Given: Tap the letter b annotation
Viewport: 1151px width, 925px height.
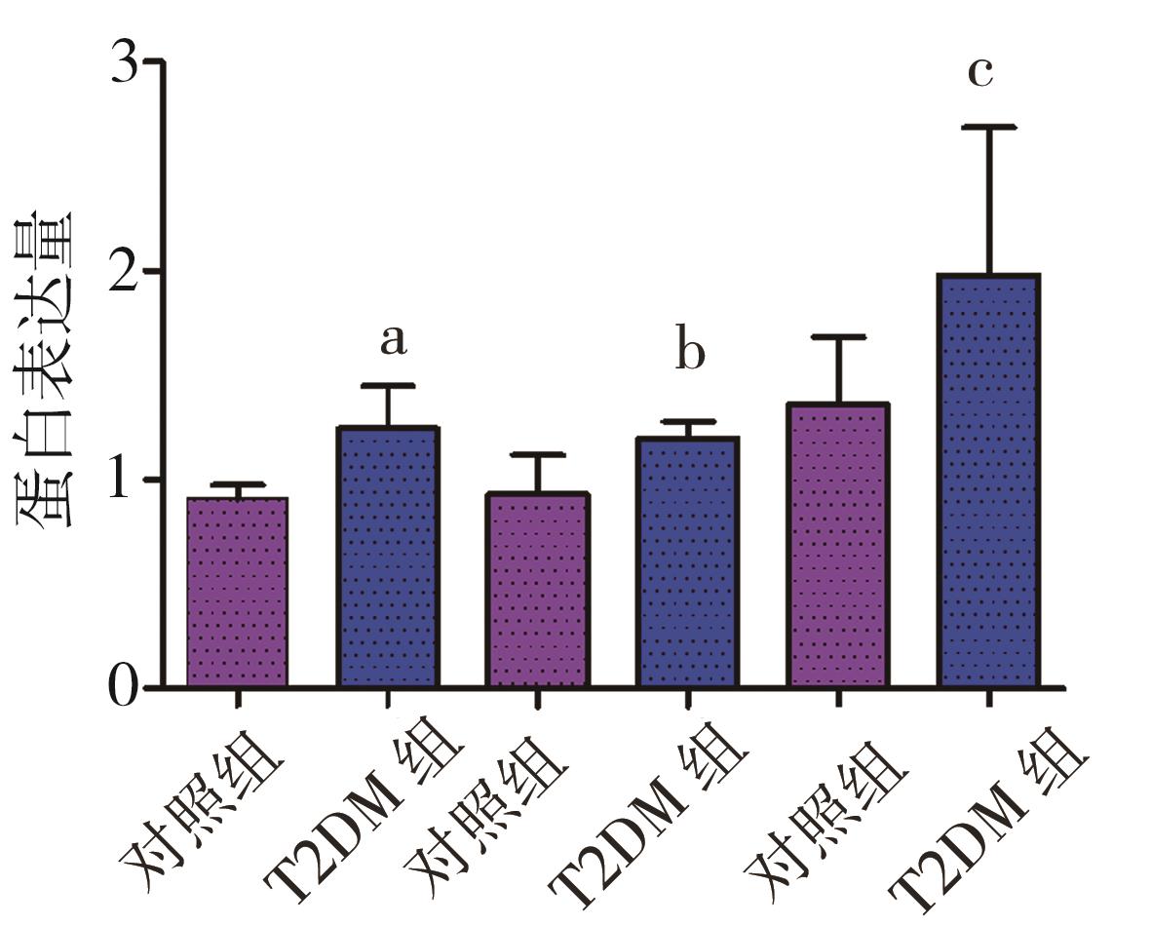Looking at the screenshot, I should [690, 353].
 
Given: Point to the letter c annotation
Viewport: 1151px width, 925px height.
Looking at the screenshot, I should [979, 71].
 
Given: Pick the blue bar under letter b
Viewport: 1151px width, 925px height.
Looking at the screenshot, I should [688, 562].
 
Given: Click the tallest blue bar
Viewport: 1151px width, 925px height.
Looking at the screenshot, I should [988, 482].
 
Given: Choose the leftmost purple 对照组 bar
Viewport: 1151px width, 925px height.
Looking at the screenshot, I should [237, 593].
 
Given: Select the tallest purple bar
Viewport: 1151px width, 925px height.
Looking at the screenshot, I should [838, 546].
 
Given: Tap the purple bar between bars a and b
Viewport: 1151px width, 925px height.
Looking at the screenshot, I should [537, 590].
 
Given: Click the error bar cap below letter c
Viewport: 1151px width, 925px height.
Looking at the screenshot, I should [988, 128].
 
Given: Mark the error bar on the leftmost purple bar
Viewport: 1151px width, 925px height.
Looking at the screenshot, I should [237, 490].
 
